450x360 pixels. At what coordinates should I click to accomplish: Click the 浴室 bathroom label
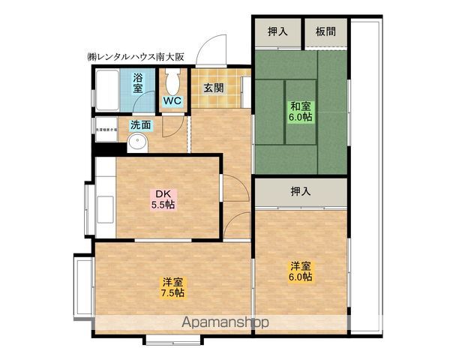click(x=138, y=82)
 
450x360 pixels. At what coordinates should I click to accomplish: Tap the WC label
click(x=171, y=100)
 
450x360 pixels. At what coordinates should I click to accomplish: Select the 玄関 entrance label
click(x=214, y=87)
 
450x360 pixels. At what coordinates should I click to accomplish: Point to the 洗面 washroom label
click(x=139, y=124)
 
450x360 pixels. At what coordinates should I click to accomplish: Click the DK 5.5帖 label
click(x=164, y=199)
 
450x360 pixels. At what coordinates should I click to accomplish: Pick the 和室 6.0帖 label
click(x=301, y=111)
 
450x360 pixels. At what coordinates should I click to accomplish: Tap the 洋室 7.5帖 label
click(x=172, y=288)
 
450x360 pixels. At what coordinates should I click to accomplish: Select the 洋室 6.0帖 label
click(x=301, y=271)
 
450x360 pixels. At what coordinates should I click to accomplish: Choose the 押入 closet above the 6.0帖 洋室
click(x=300, y=191)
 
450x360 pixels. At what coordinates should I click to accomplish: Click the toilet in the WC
click(x=172, y=79)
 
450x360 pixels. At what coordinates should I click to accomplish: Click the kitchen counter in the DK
click(x=103, y=206)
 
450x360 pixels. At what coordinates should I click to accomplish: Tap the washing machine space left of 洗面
click(x=106, y=133)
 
